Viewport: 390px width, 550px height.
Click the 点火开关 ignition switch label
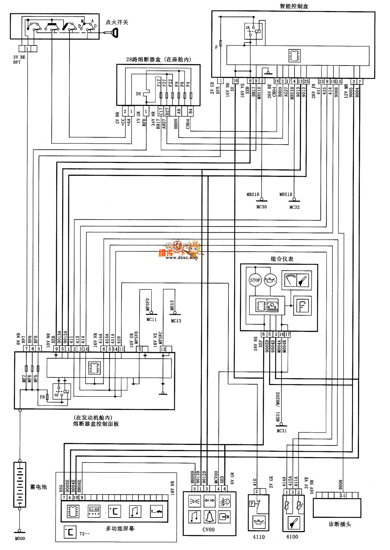click(117, 22)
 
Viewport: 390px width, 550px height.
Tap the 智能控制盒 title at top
click(294, 6)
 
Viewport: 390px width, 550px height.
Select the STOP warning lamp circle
click(255, 280)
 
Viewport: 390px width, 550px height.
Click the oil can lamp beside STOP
click(270, 280)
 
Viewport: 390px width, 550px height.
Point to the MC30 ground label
click(261, 207)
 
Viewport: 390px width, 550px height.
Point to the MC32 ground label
click(294, 207)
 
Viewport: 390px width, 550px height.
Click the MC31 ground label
click(281, 431)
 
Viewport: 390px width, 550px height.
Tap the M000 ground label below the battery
click(20, 538)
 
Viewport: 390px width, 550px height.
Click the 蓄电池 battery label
click(38, 487)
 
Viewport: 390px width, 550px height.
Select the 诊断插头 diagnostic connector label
click(340, 524)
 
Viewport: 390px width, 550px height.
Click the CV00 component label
click(208, 530)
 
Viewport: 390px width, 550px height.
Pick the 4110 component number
click(259, 537)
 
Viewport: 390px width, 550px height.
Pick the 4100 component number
click(292, 537)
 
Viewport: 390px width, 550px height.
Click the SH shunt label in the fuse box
click(138, 94)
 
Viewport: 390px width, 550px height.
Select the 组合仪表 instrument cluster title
click(282, 259)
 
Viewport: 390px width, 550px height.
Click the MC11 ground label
click(151, 320)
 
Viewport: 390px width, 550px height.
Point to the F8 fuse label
click(42, 397)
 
